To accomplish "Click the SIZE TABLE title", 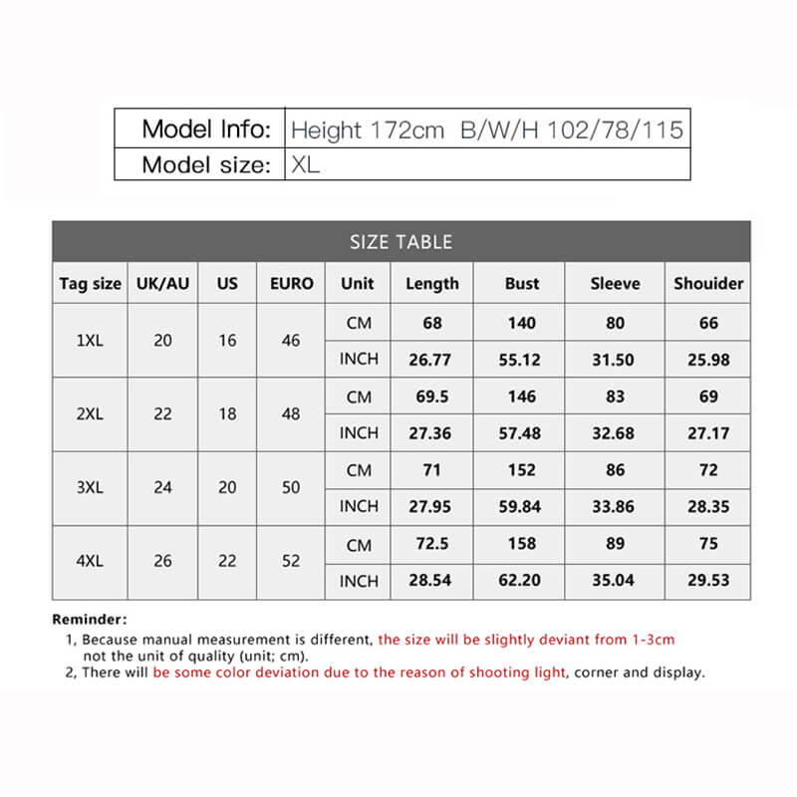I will pyautogui.click(x=400, y=242).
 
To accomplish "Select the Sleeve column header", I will pyautogui.click(x=615, y=284).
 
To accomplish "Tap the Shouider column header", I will pyautogui.click(x=708, y=284).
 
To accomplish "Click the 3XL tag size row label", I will pyautogui.click(x=90, y=488).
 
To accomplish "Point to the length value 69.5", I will pyautogui.click(x=431, y=397).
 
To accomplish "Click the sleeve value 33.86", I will pyautogui.click(x=615, y=507).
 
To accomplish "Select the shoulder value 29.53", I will pyautogui.click(x=708, y=581).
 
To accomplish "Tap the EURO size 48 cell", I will pyautogui.click(x=291, y=414).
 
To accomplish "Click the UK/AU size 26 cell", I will pyautogui.click(x=163, y=562).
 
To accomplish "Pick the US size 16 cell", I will pyautogui.click(x=227, y=341).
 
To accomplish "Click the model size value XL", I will pyautogui.click(x=306, y=164).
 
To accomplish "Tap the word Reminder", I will pyautogui.click(x=89, y=620).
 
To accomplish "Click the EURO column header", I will pyautogui.click(x=291, y=284).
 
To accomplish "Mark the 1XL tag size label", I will pyautogui.click(x=90, y=341).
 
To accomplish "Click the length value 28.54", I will pyautogui.click(x=431, y=581).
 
